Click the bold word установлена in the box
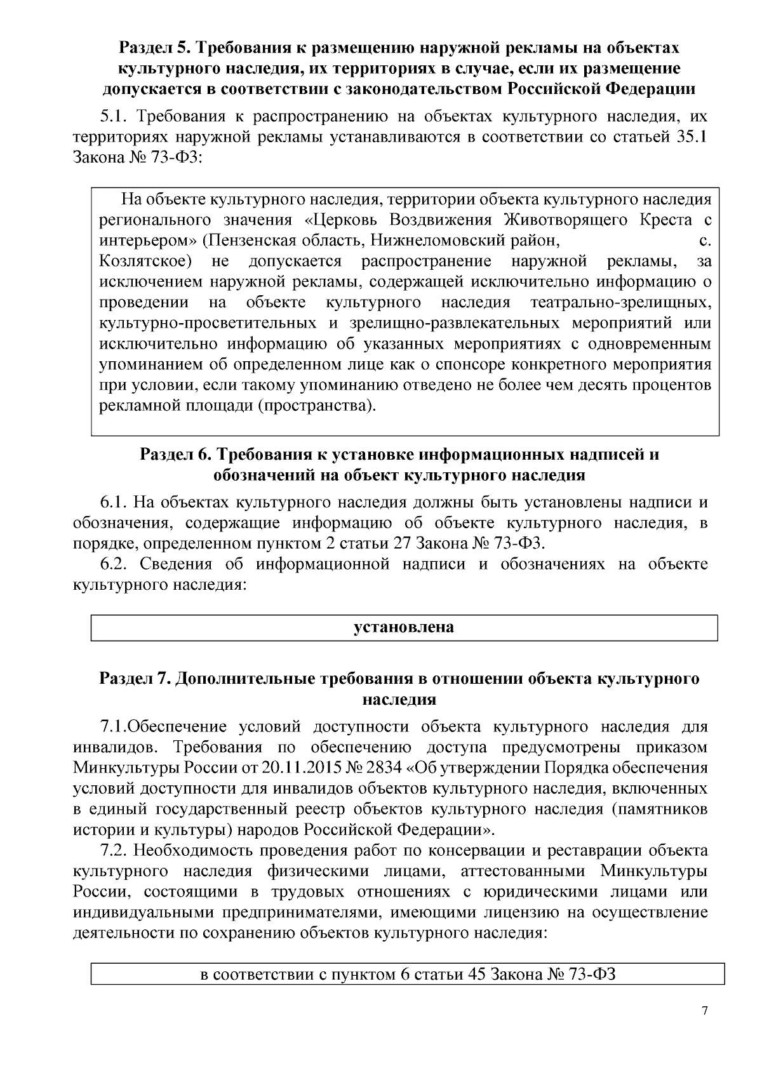pos(404,627)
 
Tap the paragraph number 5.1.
pos(114,117)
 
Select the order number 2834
pos(385,768)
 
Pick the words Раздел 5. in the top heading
pos(154,48)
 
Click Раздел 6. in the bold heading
pos(174,455)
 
